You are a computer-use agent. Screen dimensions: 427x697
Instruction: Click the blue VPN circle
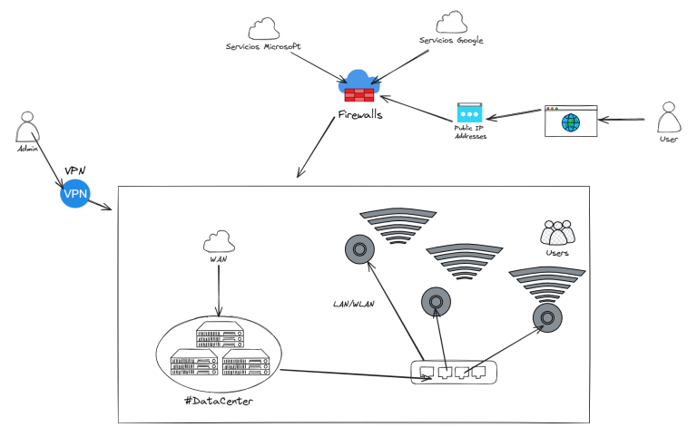[75, 193]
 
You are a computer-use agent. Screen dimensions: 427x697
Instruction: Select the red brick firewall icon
[359, 94]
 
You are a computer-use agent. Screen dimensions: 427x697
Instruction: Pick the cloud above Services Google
[451, 22]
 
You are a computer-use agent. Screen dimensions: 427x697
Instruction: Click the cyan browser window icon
[469, 112]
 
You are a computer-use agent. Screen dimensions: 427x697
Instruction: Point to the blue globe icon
[570, 122]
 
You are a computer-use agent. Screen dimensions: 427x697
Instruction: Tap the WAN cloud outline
[219, 241]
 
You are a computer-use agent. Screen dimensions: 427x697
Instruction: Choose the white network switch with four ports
[454, 372]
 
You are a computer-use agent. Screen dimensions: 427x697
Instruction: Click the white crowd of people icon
[557, 233]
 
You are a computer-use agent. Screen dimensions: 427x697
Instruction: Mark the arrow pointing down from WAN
[219, 290]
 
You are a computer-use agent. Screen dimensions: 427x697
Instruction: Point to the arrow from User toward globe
[622, 119]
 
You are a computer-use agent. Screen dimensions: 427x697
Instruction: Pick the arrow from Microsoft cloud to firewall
[317, 66]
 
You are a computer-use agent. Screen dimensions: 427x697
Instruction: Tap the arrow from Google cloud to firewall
[401, 66]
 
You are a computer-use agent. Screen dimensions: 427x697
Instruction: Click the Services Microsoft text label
[263, 46]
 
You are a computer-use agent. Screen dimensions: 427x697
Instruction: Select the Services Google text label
[451, 40]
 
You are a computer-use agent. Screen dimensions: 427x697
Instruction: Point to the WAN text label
[218, 259]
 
